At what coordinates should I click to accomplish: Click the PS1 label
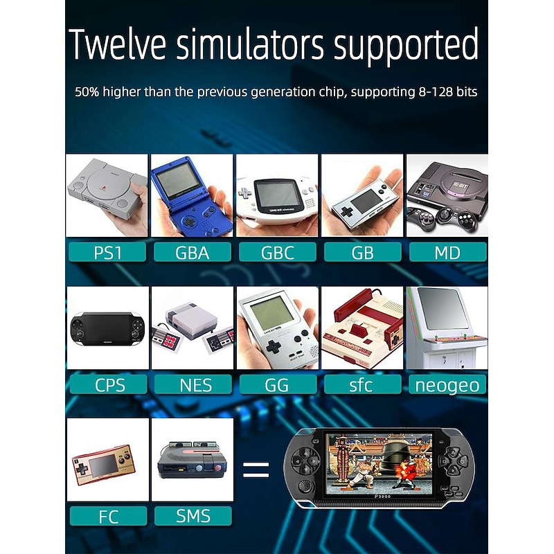click(107, 252)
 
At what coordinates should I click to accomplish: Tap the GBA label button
click(193, 252)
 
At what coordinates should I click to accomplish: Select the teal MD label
click(447, 252)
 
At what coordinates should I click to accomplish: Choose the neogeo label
click(447, 384)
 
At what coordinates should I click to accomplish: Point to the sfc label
click(362, 384)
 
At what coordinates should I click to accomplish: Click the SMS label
click(193, 516)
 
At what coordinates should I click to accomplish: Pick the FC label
click(109, 516)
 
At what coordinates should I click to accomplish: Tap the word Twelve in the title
click(118, 44)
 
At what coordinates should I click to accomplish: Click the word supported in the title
click(406, 46)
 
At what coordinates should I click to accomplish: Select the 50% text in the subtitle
click(87, 92)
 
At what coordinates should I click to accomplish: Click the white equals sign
click(256, 470)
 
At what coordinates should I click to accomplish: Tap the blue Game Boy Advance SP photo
click(192, 195)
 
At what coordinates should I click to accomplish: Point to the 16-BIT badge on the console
click(461, 185)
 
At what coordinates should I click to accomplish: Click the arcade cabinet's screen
click(443, 308)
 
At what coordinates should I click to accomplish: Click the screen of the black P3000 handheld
click(379, 463)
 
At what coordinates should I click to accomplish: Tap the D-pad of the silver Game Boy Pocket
click(273, 348)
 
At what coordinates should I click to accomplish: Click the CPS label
click(109, 384)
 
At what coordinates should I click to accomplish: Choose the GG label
click(278, 384)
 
